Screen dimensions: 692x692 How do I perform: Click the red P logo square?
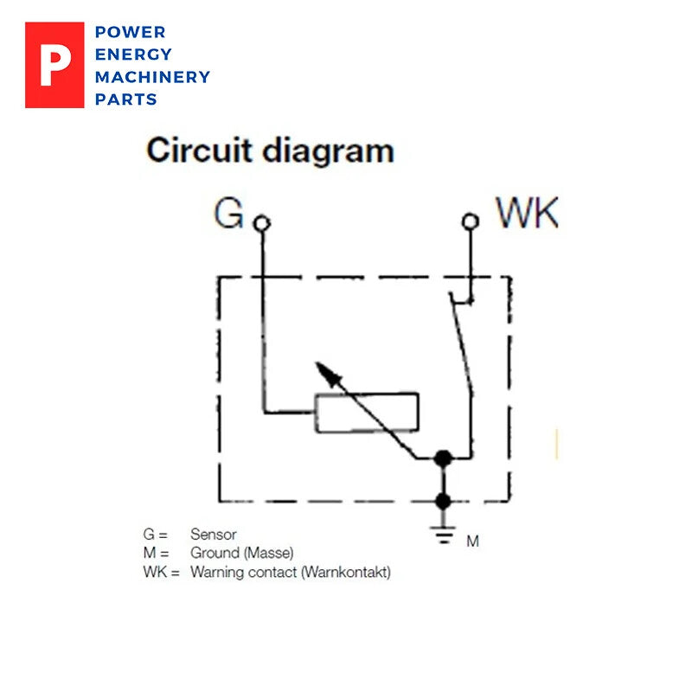(x=54, y=65)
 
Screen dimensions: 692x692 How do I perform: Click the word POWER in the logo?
(x=130, y=32)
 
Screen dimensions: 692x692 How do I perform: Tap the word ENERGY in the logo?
(x=133, y=54)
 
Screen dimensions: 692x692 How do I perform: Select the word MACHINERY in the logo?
(x=152, y=77)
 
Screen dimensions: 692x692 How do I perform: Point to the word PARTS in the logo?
(x=126, y=99)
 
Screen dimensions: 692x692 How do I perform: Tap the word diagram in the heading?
(x=328, y=152)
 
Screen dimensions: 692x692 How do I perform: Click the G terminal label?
(x=228, y=214)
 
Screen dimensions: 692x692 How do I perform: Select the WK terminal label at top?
(x=526, y=213)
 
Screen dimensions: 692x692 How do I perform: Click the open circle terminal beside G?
(x=262, y=223)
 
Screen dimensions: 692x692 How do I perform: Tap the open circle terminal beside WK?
(x=470, y=221)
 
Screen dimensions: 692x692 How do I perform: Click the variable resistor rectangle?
(x=367, y=412)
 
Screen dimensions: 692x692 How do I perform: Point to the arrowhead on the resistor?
(x=324, y=371)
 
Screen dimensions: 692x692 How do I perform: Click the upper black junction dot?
(x=443, y=458)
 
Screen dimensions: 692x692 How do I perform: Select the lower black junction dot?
(x=443, y=500)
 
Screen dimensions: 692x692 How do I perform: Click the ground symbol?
(x=443, y=535)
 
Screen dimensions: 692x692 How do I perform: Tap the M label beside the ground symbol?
(x=472, y=541)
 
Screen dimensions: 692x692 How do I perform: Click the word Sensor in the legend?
(x=213, y=535)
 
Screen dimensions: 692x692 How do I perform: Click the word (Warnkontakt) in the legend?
(x=345, y=572)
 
